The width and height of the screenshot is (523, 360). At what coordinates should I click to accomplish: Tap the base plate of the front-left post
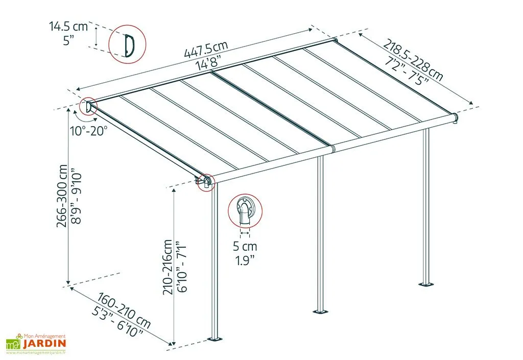point(216,339)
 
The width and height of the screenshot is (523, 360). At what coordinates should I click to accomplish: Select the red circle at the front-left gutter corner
point(205,182)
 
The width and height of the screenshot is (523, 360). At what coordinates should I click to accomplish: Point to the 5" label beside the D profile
point(69,41)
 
